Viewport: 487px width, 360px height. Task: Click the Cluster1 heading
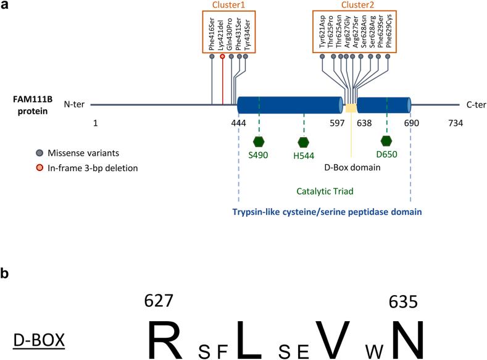pyautogui.click(x=228, y=5)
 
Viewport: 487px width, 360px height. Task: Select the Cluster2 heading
pyautogui.click(x=357, y=5)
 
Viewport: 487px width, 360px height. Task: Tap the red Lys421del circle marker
pyautogui.click(x=222, y=56)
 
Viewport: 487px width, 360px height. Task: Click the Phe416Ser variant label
pyautogui.click(x=212, y=34)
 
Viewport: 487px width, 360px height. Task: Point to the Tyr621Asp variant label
pyautogui.click(x=322, y=31)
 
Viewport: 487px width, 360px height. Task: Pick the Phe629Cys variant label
pyautogui.click(x=388, y=30)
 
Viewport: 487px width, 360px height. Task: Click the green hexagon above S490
pyautogui.click(x=259, y=141)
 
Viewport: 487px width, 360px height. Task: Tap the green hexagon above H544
pyautogui.click(x=304, y=142)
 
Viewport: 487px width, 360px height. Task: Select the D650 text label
pyautogui.click(x=386, y=154)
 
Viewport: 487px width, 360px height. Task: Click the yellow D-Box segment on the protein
pyautogui.click(x=351, y=108)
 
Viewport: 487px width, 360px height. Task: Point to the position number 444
pyautogui.click(x=238, y=123)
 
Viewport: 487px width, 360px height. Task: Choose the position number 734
pyautogui.click(x=456, y=123)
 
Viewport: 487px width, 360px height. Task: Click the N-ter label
pyautogui.click(x=74, y=104)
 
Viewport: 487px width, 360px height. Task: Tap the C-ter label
pyautogui.click(x=476, y=105)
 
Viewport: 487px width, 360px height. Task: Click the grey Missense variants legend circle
pyautogui.click(x=40, y=153)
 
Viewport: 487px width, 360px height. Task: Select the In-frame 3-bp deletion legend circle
pyautogui.click(x=40, y=168)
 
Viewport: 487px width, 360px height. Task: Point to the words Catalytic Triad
pyautogui.click(x=325, y=191)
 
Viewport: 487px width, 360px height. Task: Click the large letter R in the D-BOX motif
pyautogui.click(x=165, y=340)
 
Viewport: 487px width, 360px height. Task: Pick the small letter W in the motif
pyautogui.click(x=374, y=351)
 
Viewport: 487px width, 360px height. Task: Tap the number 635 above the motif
pyautogui.click(x=403, y=301)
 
